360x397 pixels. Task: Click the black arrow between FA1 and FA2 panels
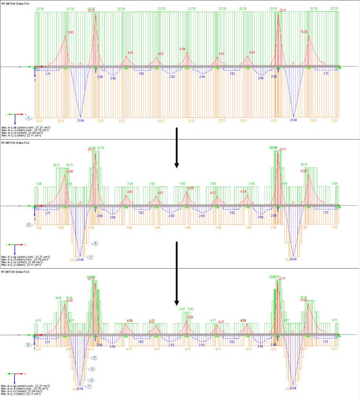coord(176,147)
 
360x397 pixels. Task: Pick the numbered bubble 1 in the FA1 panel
coord(29,117)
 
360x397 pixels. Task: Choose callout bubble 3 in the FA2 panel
coord(29,223)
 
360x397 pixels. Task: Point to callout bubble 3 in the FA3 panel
coord(92,368)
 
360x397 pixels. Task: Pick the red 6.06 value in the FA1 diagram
coord(183,49)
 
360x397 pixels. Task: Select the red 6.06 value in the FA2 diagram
coord(190,188)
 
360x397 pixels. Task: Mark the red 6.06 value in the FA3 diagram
coord(190,317)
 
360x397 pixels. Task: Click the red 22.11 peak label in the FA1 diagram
coord(283,10)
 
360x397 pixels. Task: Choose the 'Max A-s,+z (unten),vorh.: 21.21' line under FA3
coord(26,386)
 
